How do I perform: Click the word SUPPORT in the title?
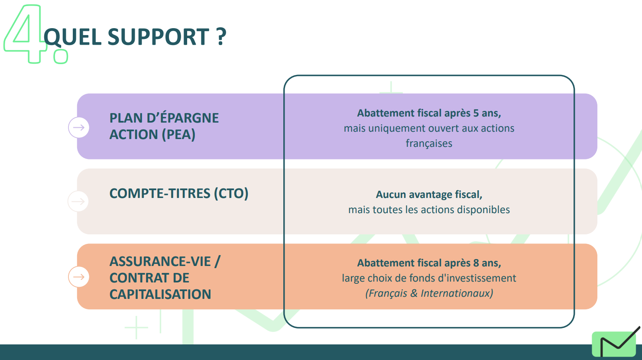[158, 37]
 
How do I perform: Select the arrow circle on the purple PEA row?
[78, 127]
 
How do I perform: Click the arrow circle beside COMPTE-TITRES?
[78, 201]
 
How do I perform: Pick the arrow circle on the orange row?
[78, 276]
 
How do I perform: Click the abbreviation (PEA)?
[178, 135]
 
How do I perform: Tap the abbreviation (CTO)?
[231, 194]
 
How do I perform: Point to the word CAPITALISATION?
[160, 294]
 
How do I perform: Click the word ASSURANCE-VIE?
[160, 261]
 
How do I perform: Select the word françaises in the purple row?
[429, 143]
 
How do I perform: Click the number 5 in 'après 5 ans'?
[476, 113]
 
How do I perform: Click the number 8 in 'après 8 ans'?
[476, 263]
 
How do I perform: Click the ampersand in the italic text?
[414, 293]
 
